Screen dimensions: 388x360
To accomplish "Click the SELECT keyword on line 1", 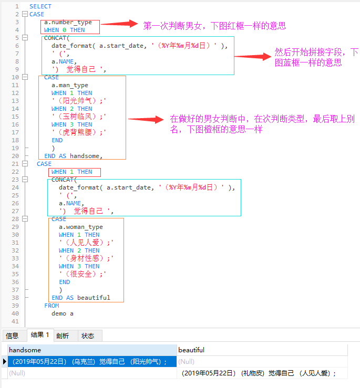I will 40,6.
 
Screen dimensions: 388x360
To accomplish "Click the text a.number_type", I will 68,22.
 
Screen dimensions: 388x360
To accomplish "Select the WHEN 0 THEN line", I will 64,30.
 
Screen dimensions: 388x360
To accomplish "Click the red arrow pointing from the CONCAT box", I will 252,57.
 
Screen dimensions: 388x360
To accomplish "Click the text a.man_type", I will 70,85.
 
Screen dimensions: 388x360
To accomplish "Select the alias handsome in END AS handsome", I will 86,156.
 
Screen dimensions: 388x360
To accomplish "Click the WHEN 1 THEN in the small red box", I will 71,172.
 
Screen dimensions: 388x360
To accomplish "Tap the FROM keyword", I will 52,306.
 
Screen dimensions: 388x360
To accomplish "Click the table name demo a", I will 63,313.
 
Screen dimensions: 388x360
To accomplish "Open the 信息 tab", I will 12,335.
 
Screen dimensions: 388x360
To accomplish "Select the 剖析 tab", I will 63,335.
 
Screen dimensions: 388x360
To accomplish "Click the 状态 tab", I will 88,335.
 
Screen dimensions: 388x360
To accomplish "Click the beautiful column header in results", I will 191,350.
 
